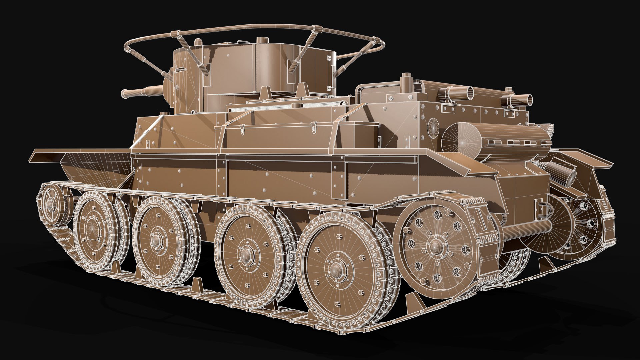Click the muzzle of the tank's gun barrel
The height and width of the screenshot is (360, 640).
(x=124, y=94)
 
